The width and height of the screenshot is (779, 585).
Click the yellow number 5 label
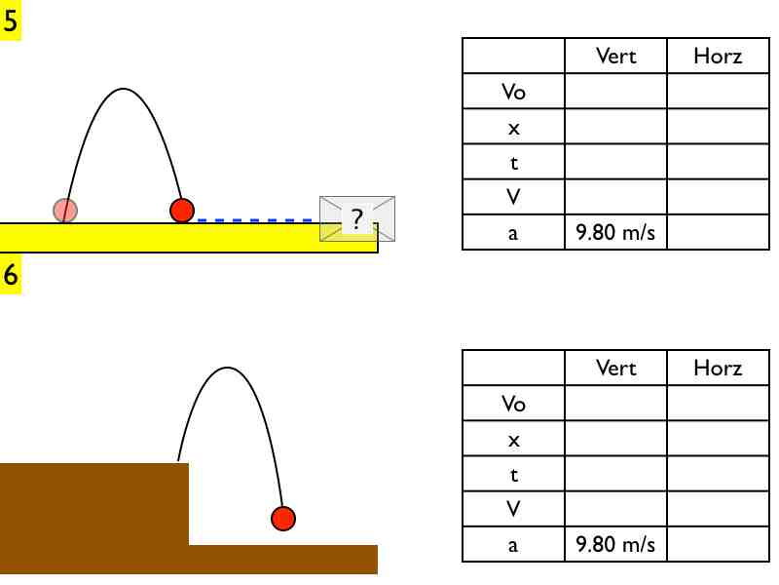pos(11,21)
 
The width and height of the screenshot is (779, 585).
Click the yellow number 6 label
pos(11,275)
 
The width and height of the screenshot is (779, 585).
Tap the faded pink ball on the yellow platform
pos(65,210)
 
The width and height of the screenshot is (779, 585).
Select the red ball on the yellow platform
pos(182,210)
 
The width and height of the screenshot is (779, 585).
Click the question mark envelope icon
pos(357,218)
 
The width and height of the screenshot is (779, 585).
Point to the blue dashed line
pos(258,220)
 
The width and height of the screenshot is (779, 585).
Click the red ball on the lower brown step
pos(282,518)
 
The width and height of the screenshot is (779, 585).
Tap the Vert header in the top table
pos(615,57)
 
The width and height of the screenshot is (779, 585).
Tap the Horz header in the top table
pos(718,57)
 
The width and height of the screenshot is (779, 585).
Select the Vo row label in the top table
pos(513,92)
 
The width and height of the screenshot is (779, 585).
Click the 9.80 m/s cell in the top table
pos(615,232)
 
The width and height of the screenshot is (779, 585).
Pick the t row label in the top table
pos(513,162)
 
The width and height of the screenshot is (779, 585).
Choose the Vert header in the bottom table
pos(615,369)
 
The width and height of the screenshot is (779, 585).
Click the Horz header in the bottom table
pos(718,369)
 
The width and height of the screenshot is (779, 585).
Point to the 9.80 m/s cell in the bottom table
pos(615,544)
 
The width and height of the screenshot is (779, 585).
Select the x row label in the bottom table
pos(513,439)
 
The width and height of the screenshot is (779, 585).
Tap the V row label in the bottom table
pos(513,509)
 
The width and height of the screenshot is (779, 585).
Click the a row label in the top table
pos(513,232)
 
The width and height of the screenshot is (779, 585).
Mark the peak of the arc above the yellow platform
pos(123,90)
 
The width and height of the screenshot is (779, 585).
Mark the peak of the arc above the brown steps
pos(228,368)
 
